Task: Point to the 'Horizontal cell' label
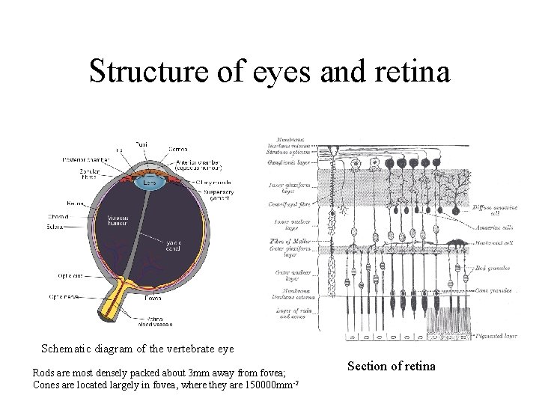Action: point(496,242)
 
